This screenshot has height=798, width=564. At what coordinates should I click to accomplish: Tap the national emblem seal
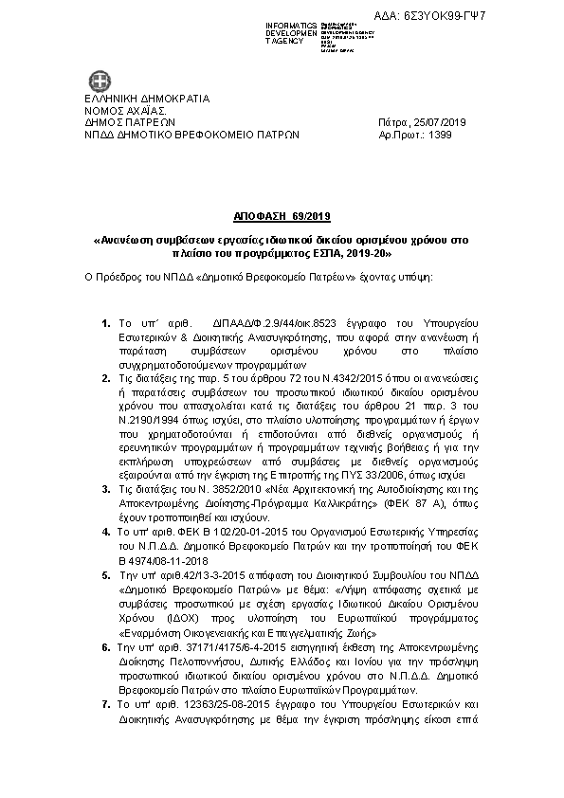click(x=100, y=81)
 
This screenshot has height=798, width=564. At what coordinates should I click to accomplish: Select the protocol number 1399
click(x=440, y=135)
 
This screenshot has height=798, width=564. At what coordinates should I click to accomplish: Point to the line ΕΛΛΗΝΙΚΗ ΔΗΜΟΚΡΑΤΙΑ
click(x=147, y=99)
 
